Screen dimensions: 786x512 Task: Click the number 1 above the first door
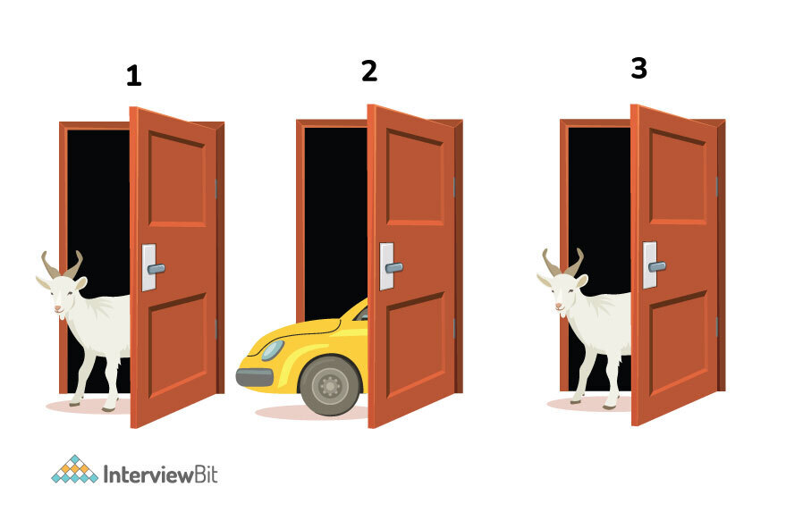coord(134,76)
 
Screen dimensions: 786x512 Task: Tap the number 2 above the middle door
coord(369,71)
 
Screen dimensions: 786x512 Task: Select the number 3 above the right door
coord(639,68)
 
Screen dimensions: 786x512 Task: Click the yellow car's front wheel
coord(330,385)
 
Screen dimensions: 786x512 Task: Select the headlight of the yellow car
coord(274,350)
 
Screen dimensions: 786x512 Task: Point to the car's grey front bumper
coord(255,377)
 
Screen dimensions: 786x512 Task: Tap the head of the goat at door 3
coord(563,292)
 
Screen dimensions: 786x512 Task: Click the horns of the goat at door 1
coord(63,264)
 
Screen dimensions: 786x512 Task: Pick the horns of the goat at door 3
coord(563,262)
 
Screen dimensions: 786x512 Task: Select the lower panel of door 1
coord(177,345)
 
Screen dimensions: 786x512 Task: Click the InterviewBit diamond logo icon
coord(75,469)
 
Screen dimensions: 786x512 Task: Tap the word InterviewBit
coord(160,474)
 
